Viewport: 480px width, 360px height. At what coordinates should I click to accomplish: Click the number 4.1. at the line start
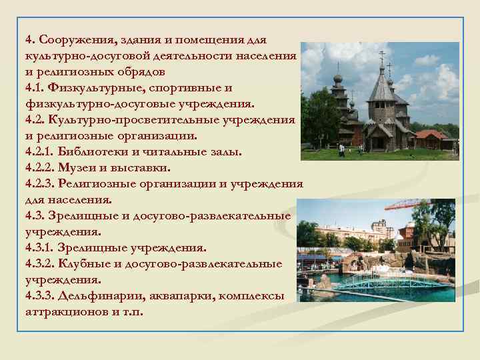pyautogui.click(x=36, y=87)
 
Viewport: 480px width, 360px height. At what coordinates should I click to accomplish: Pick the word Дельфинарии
pyautogui.click(x=95, y=295)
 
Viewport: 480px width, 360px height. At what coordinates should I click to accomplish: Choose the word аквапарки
pyautogui.click(x=173, y=295)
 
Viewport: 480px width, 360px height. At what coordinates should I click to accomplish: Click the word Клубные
pyautogui.click(x=92, y=263)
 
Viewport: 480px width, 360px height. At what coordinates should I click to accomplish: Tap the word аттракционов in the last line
pyautogui.click(x=65, y=311)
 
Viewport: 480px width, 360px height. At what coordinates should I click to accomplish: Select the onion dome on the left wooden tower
pyautogui.click(x=337, y=78)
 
